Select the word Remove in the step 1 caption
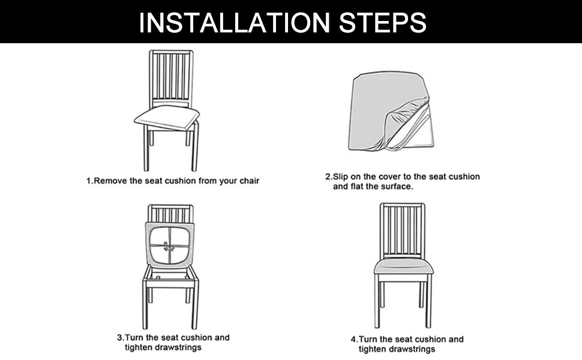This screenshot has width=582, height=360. (111, 181)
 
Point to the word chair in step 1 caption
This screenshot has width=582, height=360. (248, 181)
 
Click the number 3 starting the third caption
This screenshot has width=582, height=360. (118, 337)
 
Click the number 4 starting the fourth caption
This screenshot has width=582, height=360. (353, 340)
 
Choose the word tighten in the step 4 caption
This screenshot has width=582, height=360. (374, 349)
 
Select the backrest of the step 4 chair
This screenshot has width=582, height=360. (402, 231)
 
